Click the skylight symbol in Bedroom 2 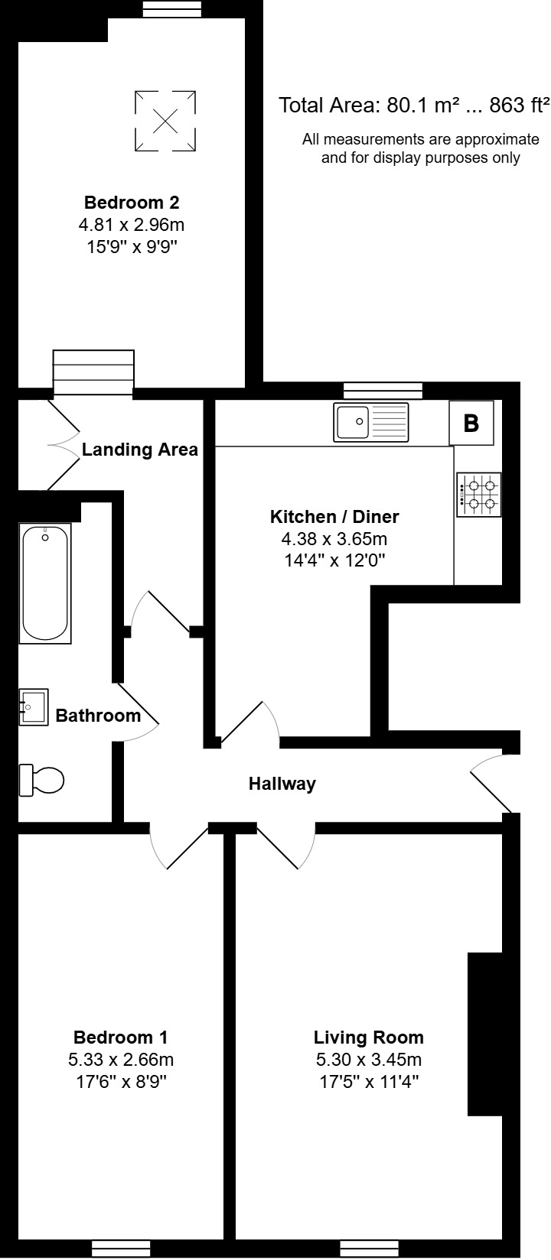coord(165,120)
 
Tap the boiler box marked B coord(471,423)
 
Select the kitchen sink coord(372,421)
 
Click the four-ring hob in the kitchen coord(479,495)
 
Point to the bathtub coord(45,583)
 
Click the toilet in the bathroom coord(42,780)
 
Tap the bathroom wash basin coord(34,706)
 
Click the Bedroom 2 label coord(132,203)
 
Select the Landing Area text coord(140,450)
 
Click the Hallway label coord(282,784)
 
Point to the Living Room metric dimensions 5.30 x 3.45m coord(368,1060)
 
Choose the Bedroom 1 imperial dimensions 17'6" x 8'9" coord(120,1082)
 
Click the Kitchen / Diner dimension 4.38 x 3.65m coord(334,538)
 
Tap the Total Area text coord(414,106)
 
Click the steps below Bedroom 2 coord(93,373)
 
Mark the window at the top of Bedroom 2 coord(172,8)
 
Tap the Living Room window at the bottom coord(368,1248)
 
